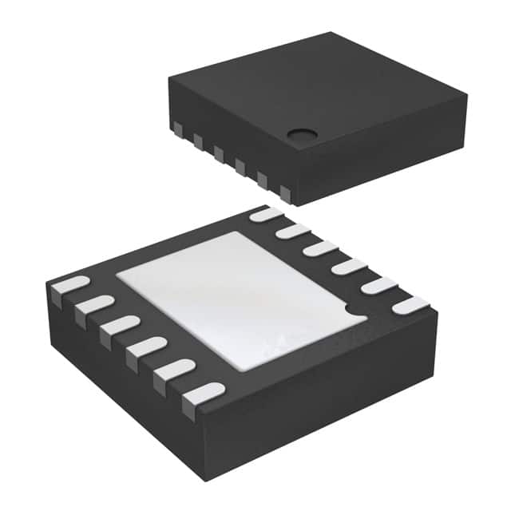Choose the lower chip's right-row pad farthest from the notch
pos(267,214)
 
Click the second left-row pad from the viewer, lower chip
pos(173,370)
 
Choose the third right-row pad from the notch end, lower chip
pos(348,267)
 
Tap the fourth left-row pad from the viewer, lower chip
pos(120,326)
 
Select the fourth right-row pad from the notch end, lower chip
pos(320,248)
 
